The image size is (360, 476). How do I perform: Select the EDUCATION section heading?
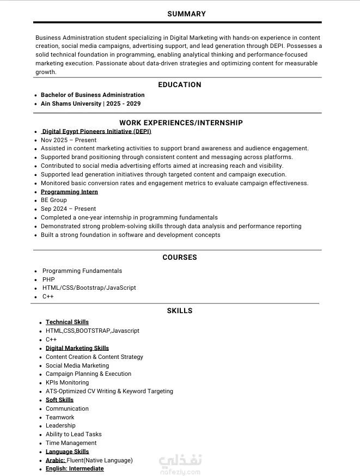(179, 84)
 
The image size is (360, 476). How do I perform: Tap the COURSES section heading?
(179, 257)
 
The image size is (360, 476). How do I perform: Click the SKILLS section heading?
(179, 310)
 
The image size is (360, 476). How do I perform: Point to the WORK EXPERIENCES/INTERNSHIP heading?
(181, 123)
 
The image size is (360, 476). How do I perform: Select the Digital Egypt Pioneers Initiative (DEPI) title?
(96, 131)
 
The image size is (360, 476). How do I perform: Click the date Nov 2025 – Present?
(69, 140)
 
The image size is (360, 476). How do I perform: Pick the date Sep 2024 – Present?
(68, 209)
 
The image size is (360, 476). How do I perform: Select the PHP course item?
(48, 279)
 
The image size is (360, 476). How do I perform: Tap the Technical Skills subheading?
(67, 322)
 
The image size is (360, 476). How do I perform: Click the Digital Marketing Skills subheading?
(77, 348)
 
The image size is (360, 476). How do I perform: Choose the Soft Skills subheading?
(59, 400)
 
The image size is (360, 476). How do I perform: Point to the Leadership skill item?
(60, 425)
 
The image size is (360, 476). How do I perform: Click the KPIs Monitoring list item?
(67, 382)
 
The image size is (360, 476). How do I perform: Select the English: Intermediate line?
(75, 468)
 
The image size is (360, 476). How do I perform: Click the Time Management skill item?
(71, 443)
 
